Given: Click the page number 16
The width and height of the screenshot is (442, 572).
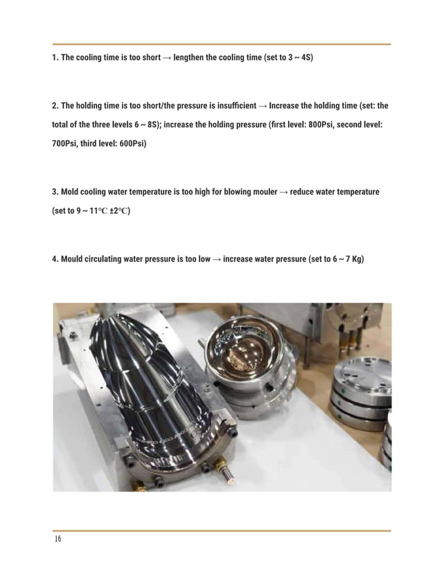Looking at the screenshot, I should [57, 539].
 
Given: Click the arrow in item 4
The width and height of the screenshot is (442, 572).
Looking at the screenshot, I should [217, 259].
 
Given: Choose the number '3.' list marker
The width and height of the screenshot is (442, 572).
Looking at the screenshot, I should [55, 191].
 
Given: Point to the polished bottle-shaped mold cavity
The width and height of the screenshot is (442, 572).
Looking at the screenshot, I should [152, 388].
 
